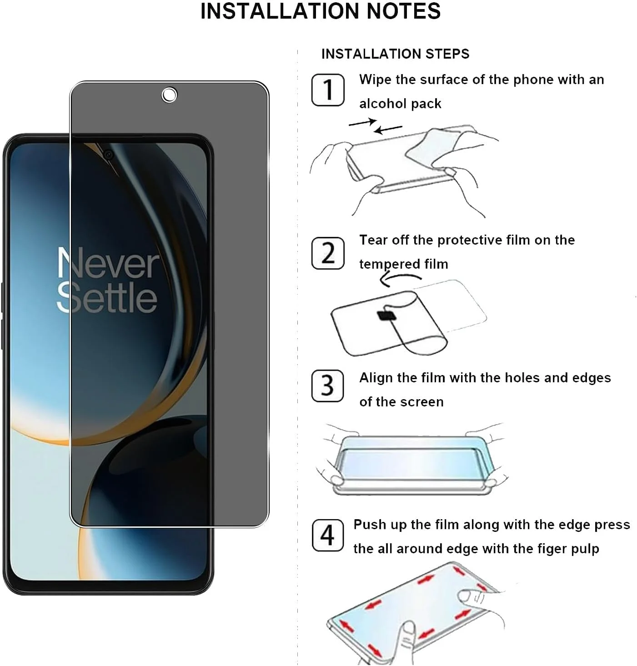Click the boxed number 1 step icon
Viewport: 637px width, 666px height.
coord(327,90)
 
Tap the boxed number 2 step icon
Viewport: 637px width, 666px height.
coord(327,253)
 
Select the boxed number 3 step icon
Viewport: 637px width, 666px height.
coord(327,386)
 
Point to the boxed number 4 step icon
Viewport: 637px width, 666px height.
coord(327,535)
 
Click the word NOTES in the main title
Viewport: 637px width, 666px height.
coord(403,11)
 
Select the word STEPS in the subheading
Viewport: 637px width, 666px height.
coord(447,54)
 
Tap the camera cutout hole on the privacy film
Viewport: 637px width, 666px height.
coord(169,95)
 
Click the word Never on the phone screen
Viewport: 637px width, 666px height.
coord(108,264)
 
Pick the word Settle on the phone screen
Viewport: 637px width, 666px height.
coord(107,298)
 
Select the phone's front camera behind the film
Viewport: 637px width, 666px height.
coord(108,155)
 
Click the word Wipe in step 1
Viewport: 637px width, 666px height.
coord(375,80)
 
